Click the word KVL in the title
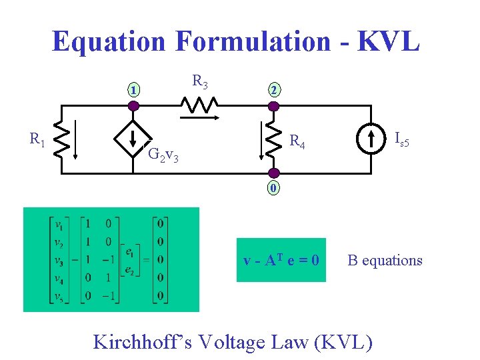[x=389, y=41]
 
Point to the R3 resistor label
[x=200, y=82]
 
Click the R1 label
[x=37, y=139]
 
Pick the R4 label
[x=297, y=142]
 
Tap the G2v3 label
[x=162, y=156]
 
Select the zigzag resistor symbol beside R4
[x=273, y=139]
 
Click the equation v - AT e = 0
[x=281, y=260]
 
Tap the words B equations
[x=385, y=260]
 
